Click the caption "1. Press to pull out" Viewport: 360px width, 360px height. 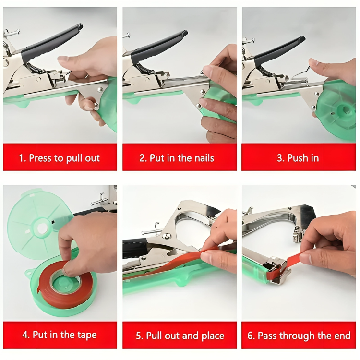tap(60, 157)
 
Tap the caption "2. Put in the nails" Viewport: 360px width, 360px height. tap(180, 157)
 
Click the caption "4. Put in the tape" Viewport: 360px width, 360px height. tap(60, 335)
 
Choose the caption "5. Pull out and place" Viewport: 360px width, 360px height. tap(180, 335)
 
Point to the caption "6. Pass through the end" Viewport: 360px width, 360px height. tap(299, 335)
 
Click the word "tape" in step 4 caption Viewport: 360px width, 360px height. tap(87, 335)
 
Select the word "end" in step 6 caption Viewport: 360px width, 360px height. tap(343, 335)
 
